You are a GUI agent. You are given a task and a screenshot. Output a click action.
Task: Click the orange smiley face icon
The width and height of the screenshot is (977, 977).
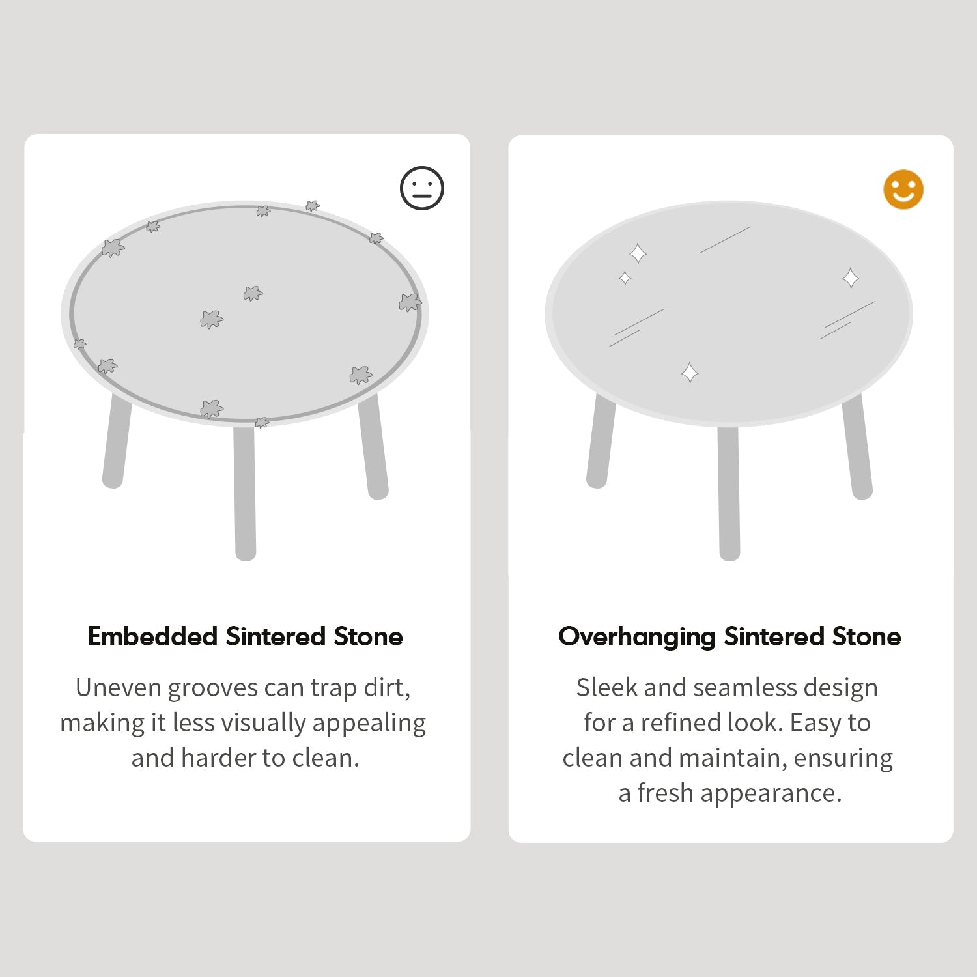pyautogui.click(x=903, y=190)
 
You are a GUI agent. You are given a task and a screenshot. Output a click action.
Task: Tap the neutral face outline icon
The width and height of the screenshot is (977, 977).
pyautogui.click(x=422, y=189)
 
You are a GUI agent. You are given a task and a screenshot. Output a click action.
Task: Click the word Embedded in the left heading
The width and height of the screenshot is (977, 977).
pyautogui.click(x=152, y=636)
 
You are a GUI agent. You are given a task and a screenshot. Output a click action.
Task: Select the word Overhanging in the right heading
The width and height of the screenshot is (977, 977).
pyautogui.click(x=637, y=637)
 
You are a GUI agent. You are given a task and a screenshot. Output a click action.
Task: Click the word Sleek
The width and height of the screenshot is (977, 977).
pyautogui.click(x=606, y=688)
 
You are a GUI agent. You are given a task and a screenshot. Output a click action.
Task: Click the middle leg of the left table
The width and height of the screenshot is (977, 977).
pyautogui.click(x=245, y=492)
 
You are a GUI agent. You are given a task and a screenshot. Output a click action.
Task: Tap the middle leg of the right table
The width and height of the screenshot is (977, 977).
pyautogui.click(x=729, y=493)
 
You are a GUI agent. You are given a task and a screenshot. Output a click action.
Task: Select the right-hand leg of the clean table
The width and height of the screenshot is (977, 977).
pyautogui.click(x=857, y=447)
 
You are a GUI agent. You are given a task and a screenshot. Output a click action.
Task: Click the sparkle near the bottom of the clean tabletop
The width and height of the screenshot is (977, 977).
pyautogui.click(x=690, y=373)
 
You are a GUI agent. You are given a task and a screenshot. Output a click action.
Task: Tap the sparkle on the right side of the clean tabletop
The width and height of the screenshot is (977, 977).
pyautogui.click(x=851, y=278)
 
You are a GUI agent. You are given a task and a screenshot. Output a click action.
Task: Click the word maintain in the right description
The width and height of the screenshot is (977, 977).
pyautogui.click(x=732, y=758)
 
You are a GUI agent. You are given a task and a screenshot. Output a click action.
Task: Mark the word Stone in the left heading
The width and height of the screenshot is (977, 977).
pyautogui.click(x=368, y=636)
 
